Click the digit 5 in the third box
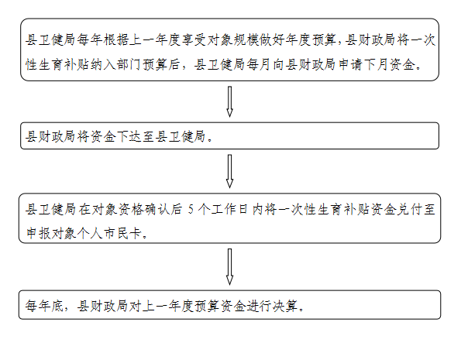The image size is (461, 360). tap(191, 210)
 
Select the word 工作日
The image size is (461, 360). tap(229, 210)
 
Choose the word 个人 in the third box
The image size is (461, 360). tap(90, 234)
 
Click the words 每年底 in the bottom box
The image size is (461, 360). tap(44, 306)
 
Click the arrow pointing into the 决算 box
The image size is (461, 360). tap(229, 266)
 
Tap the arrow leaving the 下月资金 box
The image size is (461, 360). tap(229, 101)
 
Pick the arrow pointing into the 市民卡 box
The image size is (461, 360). tap(229, 171)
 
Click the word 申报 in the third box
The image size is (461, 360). tap(38, 234)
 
